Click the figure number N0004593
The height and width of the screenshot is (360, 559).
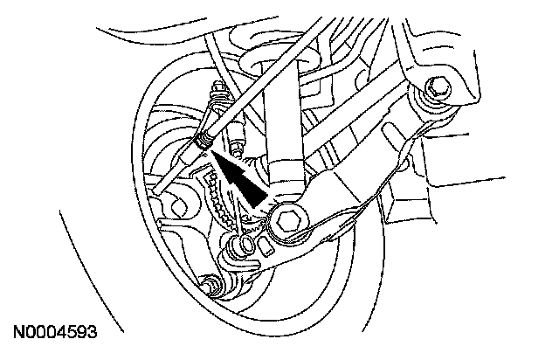coord(54,333)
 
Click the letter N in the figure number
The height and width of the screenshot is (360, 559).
coord(18,333)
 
